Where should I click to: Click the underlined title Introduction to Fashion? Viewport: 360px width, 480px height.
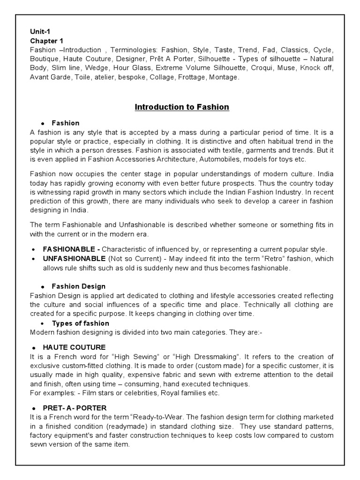[182, 107]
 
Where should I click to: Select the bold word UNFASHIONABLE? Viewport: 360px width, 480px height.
[74, 259]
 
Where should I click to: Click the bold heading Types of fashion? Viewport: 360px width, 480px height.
[80, 323]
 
